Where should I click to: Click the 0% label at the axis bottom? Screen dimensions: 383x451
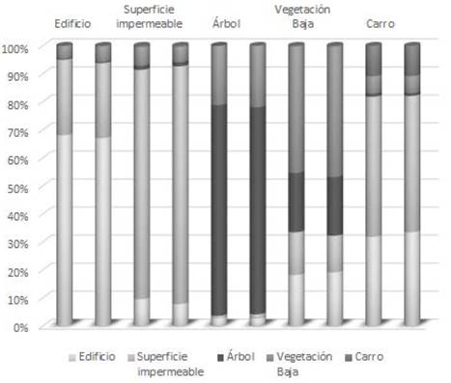[21, 327]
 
